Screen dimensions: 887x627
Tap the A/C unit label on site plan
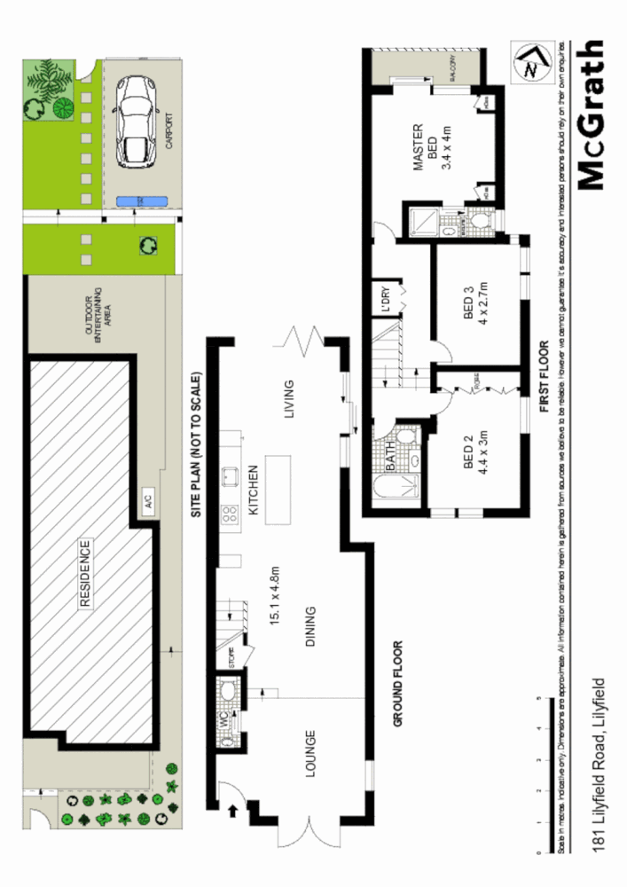tap(147, 501)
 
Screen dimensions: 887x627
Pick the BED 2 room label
tap(478, 453)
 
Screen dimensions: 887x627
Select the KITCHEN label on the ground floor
tap(253, 491)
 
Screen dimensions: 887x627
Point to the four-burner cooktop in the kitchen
tap(228, 515)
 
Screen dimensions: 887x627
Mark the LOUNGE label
tap(310, 753)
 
